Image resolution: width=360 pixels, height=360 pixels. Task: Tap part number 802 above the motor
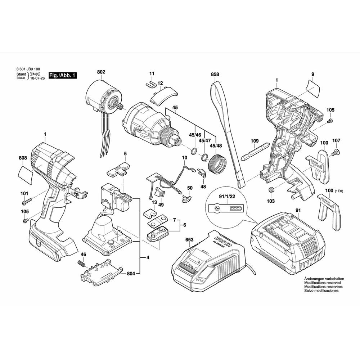coord(101,72)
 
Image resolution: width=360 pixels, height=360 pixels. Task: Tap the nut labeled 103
coord(271,190)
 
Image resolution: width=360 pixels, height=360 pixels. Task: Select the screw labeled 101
coord(28,199)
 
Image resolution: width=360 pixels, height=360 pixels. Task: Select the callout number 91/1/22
coord(226,197)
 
